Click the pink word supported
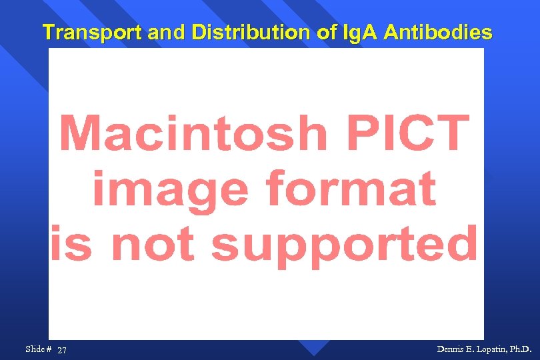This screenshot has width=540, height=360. (345, 245)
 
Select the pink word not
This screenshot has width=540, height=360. (157, 244)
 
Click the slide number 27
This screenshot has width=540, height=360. (62, 350)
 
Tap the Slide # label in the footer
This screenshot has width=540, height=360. (39, 349)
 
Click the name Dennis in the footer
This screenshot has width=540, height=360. (451, 349)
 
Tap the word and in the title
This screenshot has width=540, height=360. (165, 32)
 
